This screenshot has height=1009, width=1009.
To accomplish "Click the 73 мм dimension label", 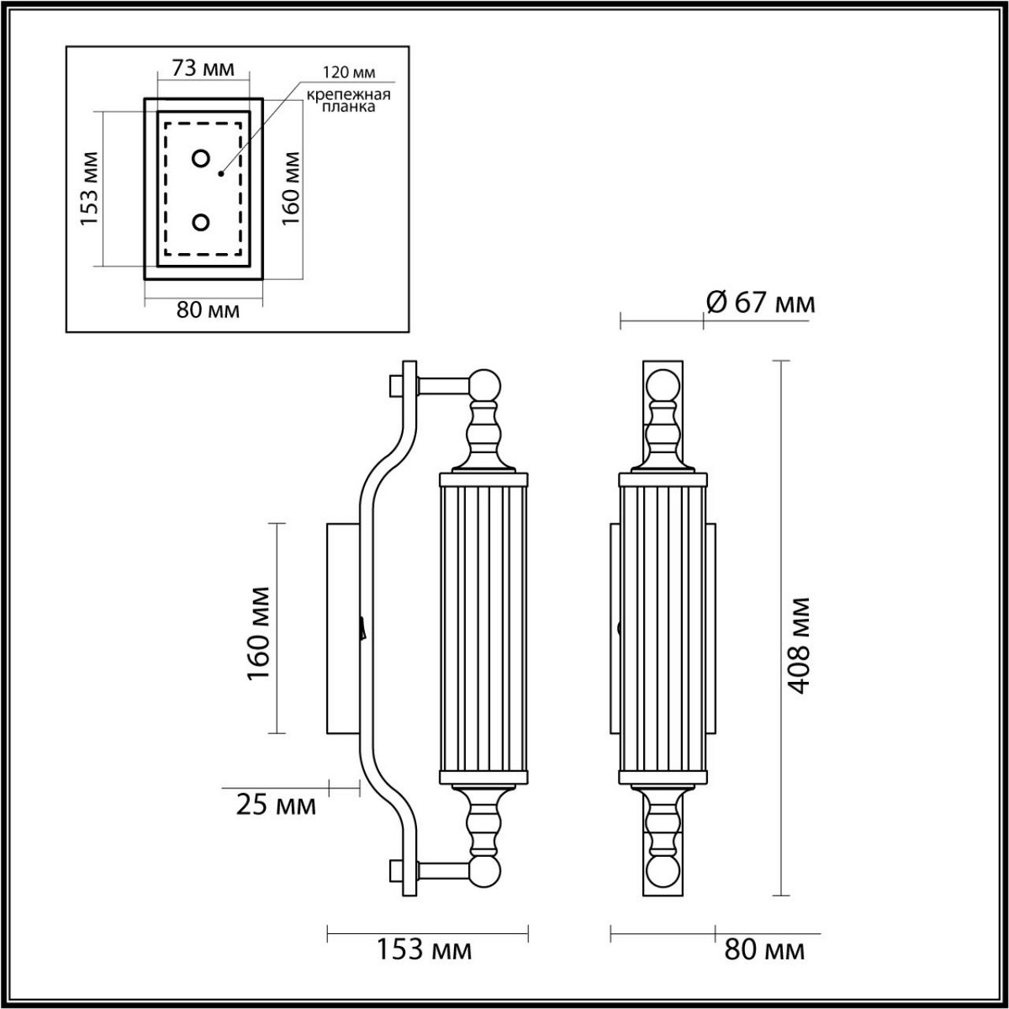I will click(203, 68).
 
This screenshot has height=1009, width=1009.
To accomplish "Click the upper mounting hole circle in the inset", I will click(201, 158).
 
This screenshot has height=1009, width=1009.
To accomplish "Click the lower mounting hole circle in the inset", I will click(201, 222).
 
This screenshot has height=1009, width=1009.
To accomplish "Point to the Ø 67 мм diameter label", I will click(760, 302).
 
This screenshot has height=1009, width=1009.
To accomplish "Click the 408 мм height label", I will click(800, 645).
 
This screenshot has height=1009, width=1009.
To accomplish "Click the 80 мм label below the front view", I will click(764, 950).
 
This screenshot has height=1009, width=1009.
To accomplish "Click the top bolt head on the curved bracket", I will click(394, 386).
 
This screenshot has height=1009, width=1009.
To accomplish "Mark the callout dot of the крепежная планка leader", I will click(220, 174).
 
